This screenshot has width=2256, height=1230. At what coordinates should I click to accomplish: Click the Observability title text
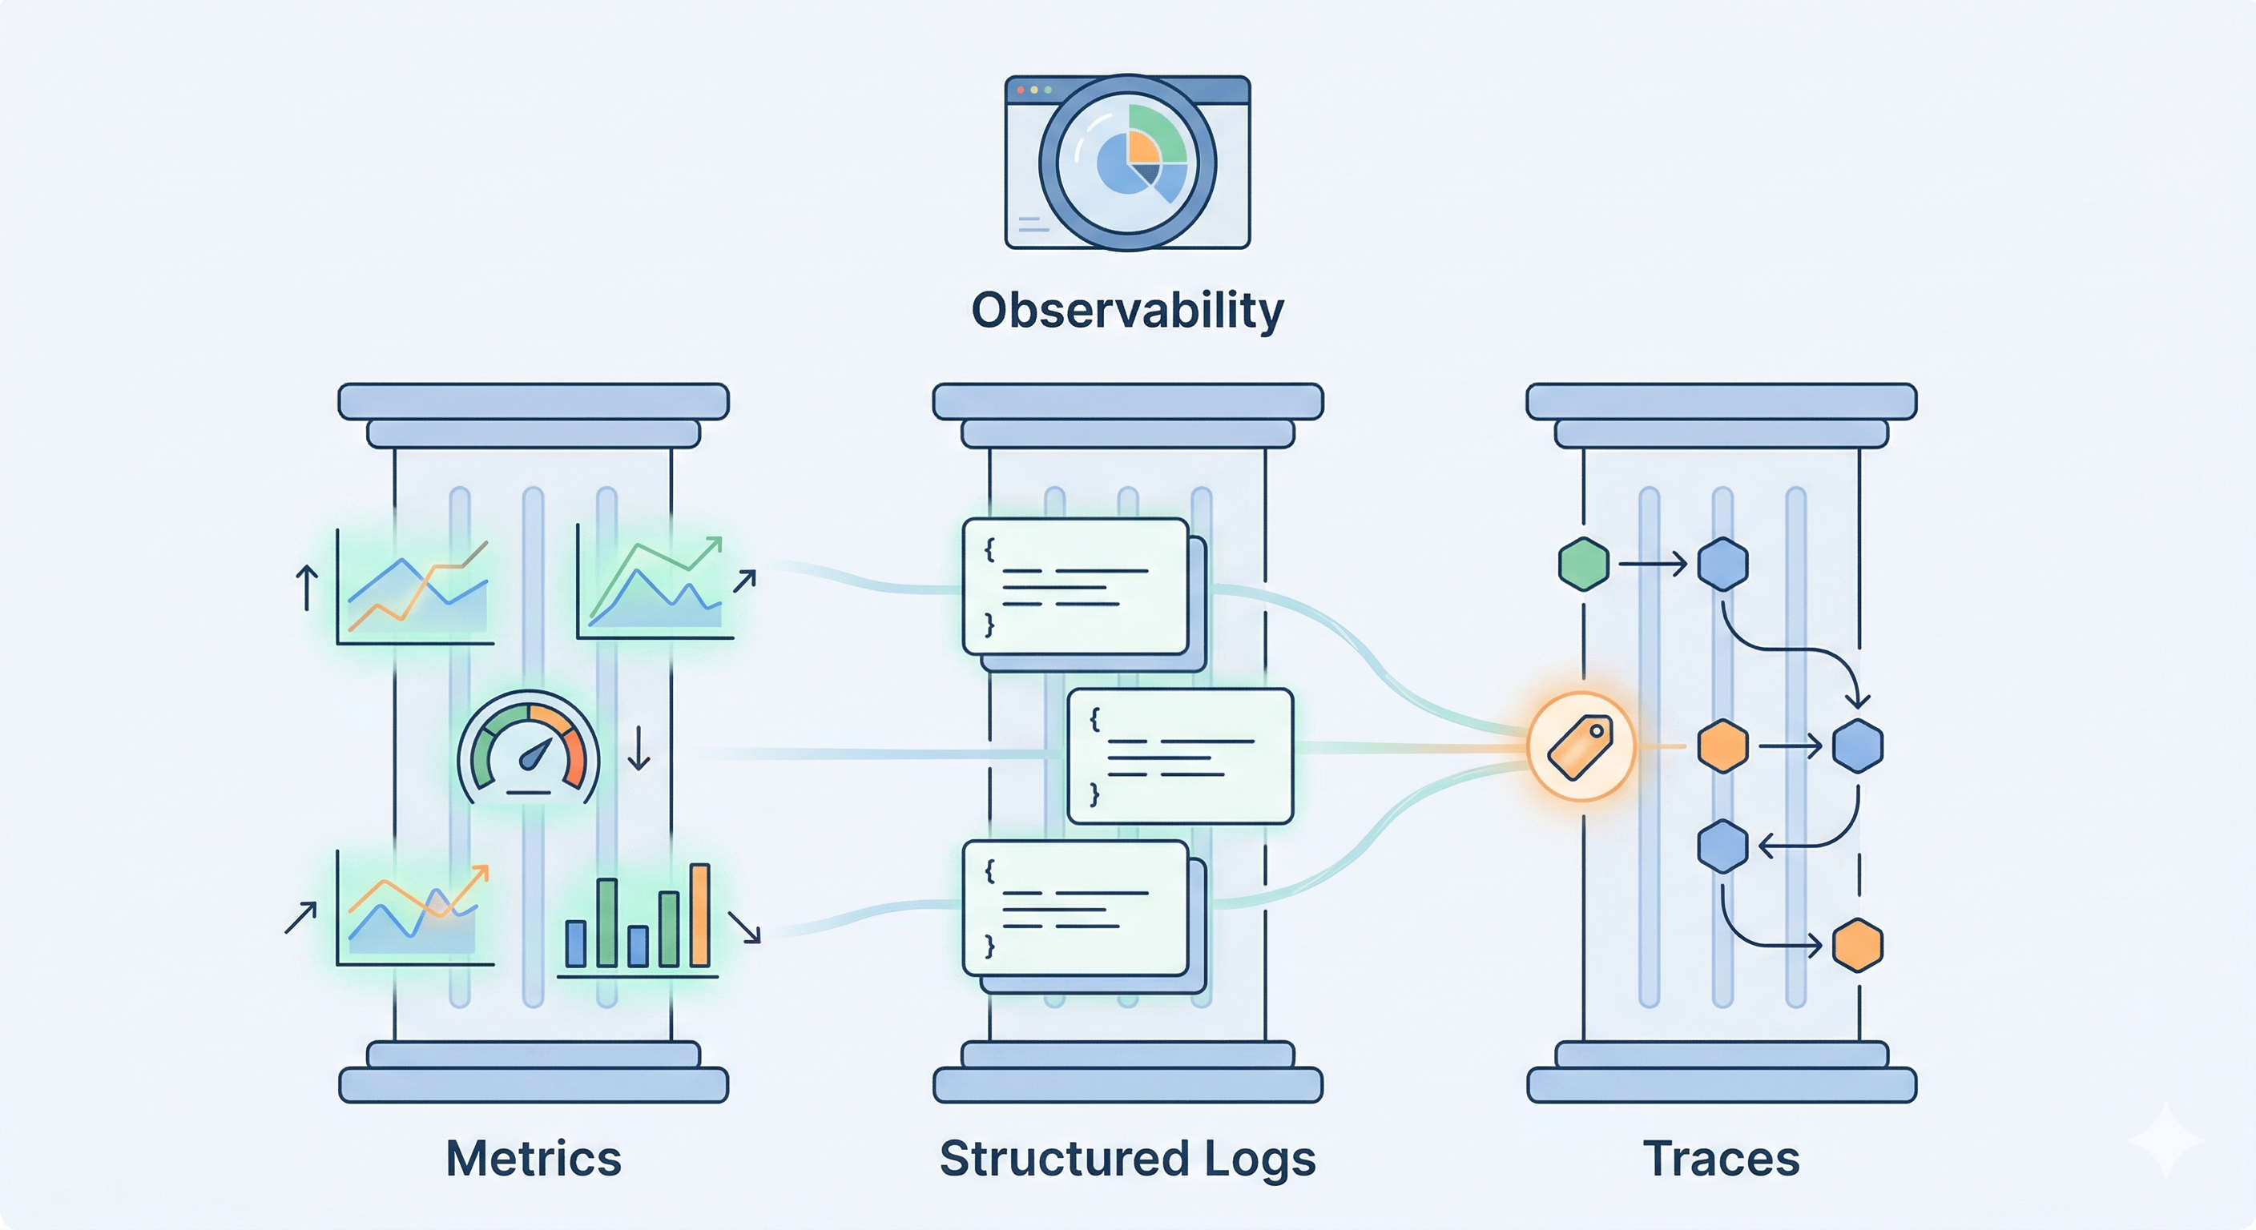tap(1127, 311)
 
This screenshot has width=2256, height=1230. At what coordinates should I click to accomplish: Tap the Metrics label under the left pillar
tap(534, 1158)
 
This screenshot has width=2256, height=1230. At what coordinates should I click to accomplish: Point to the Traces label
tap(1721, 1158)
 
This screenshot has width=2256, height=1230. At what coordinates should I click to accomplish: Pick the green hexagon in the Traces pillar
tap(1583, 564)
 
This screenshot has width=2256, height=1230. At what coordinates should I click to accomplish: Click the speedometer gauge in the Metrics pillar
tap(529, 749)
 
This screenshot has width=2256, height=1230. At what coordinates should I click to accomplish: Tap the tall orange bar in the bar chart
tap(699, 914)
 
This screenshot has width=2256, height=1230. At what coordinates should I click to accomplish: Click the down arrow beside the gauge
tap(639, 749)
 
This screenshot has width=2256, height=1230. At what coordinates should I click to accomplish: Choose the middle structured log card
tap(1179, 755)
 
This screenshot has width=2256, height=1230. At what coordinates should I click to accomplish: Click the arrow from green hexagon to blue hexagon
tap(1652, 564)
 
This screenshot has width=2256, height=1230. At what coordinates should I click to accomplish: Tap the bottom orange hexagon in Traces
tap(1858, 946)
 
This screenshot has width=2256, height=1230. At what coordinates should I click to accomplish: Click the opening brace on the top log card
tap(989, 550)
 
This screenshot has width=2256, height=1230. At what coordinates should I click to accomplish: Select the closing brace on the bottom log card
tap(989, 947)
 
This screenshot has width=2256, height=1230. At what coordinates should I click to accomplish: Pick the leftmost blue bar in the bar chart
tap(575, 943)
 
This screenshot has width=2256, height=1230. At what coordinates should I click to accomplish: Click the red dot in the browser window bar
tap(1021, 90)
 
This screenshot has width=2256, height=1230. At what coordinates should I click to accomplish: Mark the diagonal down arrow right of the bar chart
tap(743, 927)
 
